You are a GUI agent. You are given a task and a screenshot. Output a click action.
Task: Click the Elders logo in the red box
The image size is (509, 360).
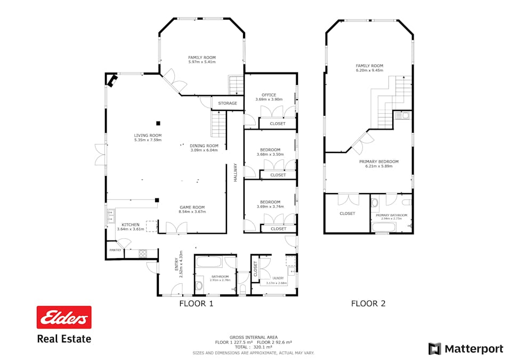[x=63, y=318]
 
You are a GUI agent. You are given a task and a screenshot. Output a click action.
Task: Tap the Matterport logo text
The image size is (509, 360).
[x=474, y=349]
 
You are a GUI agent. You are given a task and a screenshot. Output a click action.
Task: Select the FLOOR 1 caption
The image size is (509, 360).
[x=196, y=304]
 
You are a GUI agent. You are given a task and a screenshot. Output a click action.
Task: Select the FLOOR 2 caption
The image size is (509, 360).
[x=368, y=304]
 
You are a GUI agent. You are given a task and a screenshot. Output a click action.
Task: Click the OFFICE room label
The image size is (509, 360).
[x=269, y=95]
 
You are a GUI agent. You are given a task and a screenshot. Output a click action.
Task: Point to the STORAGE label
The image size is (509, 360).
[x=228, y=103]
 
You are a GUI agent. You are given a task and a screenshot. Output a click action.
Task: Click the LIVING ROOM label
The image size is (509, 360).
[x=148, y=135]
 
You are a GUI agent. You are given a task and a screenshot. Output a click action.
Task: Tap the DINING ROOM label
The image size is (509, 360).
[x=204, y=146]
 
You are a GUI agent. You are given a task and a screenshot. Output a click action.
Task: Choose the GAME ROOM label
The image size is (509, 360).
[x=192, y=207]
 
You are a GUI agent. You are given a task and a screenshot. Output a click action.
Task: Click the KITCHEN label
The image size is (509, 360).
[x=131, y=225]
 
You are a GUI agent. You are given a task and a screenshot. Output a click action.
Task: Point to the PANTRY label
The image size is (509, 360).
[x=115, y=250]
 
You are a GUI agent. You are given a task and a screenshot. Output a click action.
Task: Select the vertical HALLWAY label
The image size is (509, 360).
[x=235, y=173]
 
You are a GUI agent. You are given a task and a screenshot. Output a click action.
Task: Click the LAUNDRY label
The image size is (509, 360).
[x=278, y=278]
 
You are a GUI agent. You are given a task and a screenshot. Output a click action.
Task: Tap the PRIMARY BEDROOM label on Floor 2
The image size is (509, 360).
[x=378, y=162]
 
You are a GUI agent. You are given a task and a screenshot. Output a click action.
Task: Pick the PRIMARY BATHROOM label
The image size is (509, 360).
[x=391, y=215]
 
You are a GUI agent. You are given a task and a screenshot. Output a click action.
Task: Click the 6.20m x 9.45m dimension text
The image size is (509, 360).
[x=369, y=70]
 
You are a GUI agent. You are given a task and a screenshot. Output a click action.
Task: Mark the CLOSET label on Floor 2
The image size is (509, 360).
[x=347, y=213]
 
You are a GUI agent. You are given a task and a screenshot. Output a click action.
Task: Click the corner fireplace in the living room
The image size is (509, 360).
[x=112, y=81]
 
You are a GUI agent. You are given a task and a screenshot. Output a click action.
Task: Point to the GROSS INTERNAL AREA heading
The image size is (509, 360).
[x=253, y=337]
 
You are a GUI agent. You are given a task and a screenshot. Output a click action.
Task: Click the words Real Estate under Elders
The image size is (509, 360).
[x=63, y=339]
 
